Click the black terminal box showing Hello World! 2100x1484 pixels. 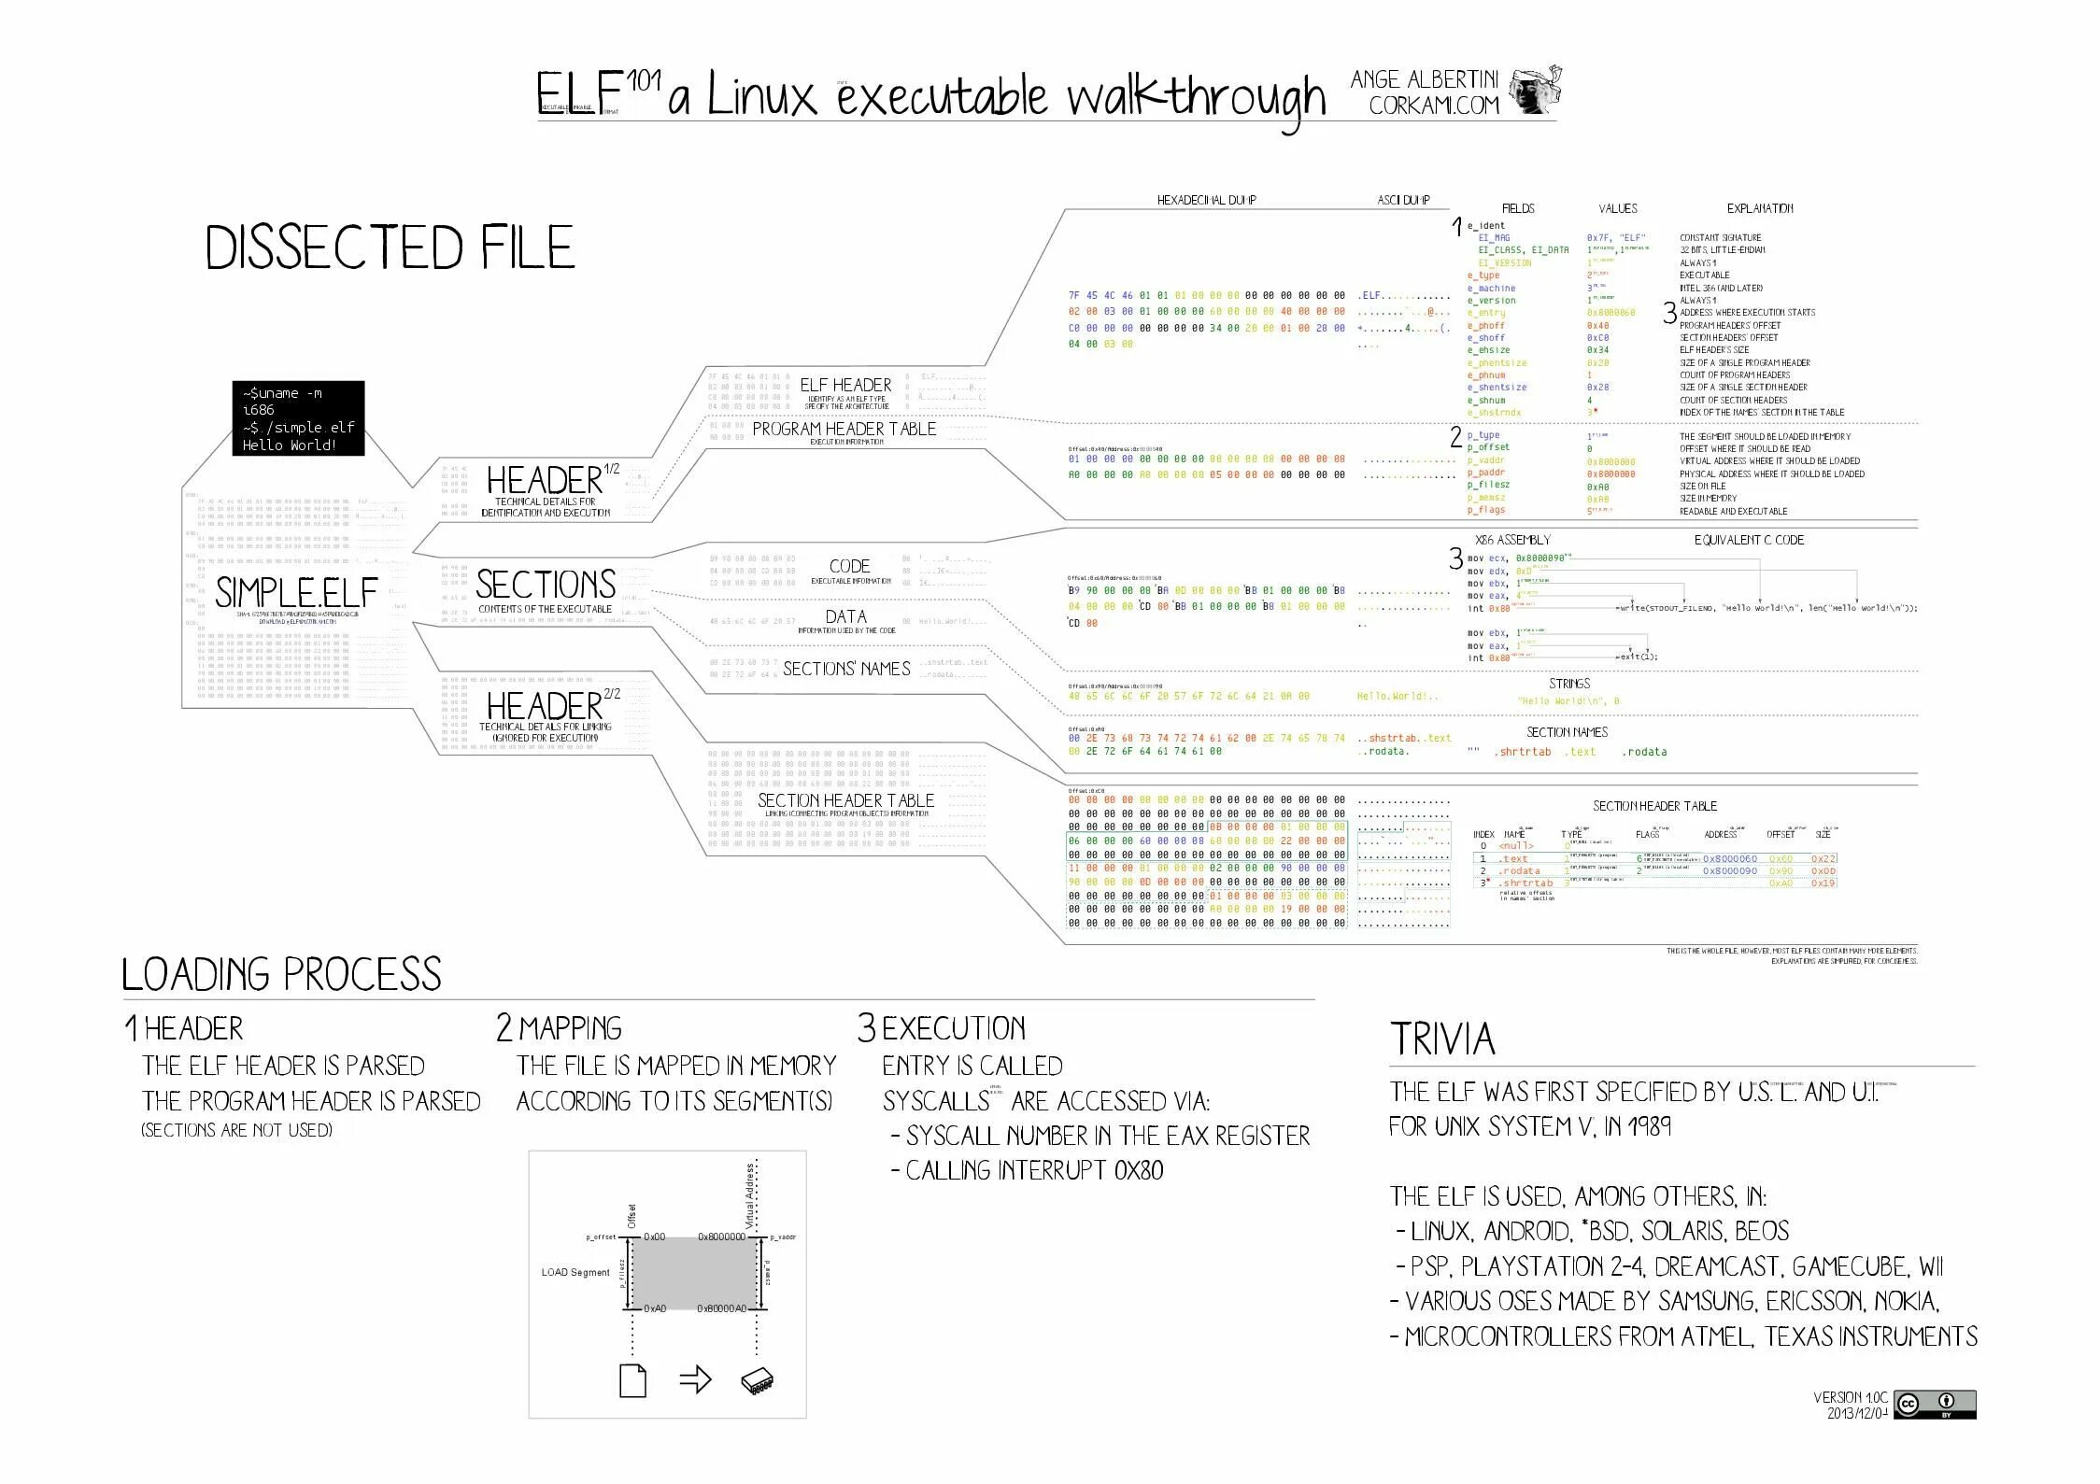pos(298,418)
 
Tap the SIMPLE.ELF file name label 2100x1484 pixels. pos(296,593)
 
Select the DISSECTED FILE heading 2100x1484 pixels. pos(389,248)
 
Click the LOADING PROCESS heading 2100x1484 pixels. pos(281,975)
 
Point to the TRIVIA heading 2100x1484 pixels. pos(1442,1039)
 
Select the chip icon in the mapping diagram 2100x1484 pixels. pos(757,1381)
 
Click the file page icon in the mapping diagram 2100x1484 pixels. pos(632,1380)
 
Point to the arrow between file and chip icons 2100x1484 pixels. pos(695,1380)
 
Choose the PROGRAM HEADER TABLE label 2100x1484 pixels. pos(844,429)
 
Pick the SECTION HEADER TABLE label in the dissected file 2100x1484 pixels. pos(845,800)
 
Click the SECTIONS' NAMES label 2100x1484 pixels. pos(846,669)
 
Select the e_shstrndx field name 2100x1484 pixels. pos(1494,413)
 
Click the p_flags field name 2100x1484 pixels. pos(1486,510)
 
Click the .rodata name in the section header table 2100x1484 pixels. pos(1519,870)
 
